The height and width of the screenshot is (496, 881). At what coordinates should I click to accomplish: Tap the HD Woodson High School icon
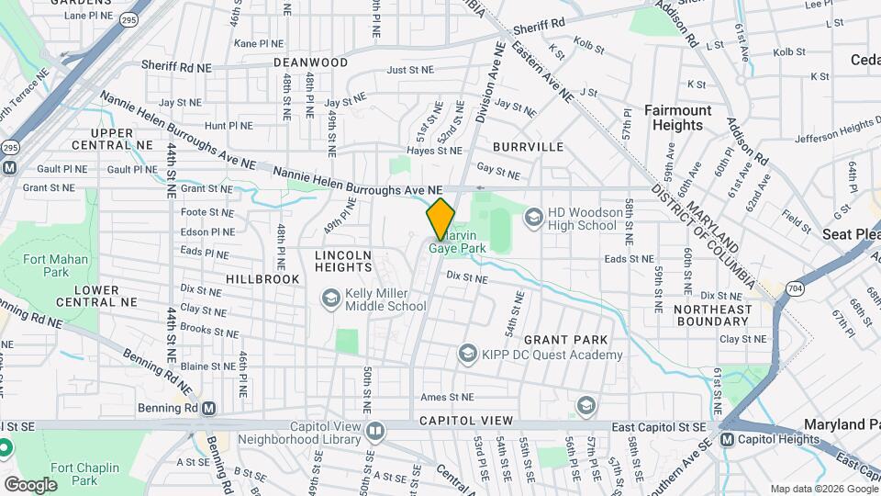[533, 218]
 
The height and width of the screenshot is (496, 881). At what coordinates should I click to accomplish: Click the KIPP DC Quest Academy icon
[467, 354]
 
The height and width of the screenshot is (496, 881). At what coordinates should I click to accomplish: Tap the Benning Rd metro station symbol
[209, 408]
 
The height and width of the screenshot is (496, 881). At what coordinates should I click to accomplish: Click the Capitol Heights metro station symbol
[728, 439]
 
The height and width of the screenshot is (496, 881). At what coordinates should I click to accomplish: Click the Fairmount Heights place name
[677, 118]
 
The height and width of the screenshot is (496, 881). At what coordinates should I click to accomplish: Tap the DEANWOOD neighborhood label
[310, 62]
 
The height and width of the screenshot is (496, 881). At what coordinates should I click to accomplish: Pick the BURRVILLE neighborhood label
[528, 146]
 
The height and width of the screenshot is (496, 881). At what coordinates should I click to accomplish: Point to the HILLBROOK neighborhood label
[264, 278]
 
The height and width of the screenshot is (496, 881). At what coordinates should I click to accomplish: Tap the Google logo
[30, 484]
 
